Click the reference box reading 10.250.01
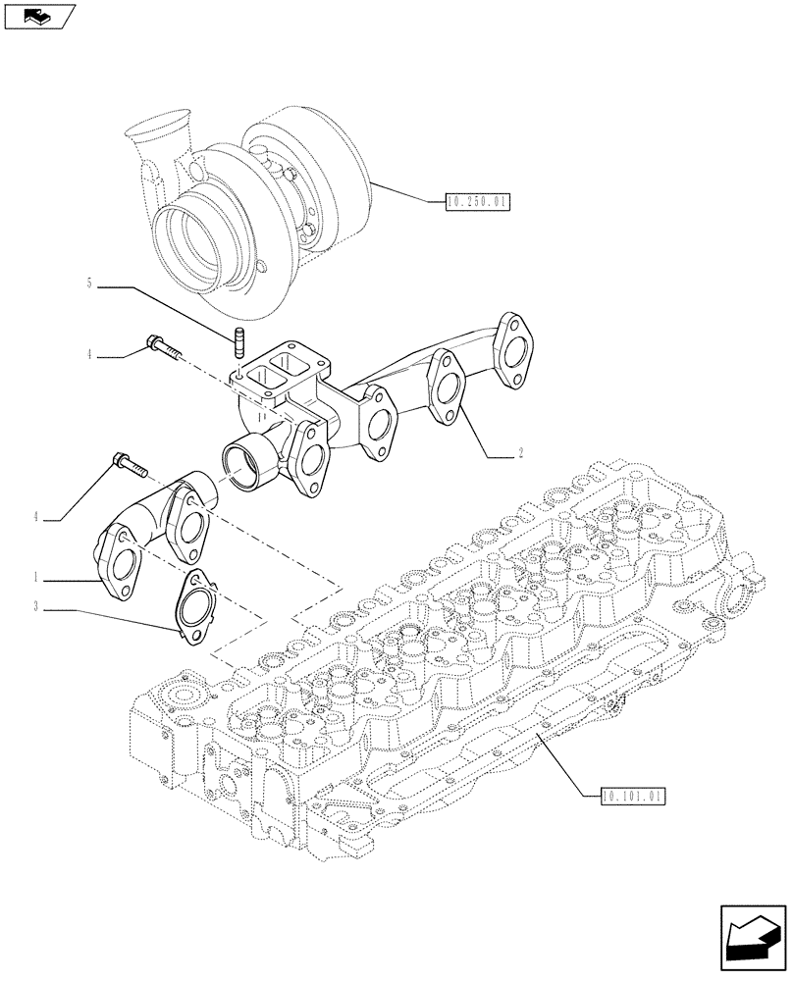pyautogui.click(x=477, y=203)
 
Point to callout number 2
pyautogui.click(x=520, y=454)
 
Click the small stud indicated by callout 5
pyautogui.click(x=238, y=343)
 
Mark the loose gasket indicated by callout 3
pyautogui.click(x=201, y=607)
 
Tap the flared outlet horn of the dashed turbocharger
pyautogui.click(x=158, y=133)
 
